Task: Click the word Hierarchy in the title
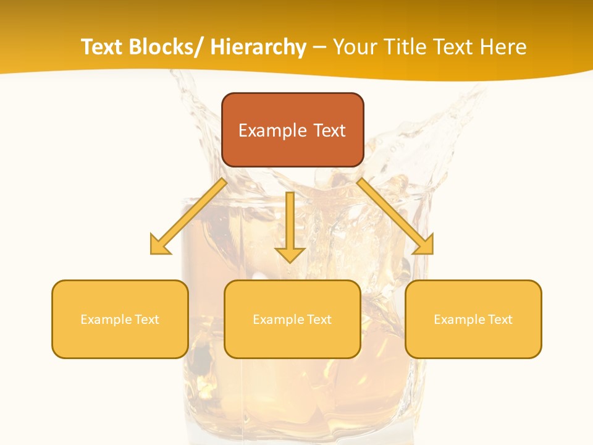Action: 258,47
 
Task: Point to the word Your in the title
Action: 353,47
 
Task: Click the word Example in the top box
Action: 272,130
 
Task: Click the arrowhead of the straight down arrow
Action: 290,253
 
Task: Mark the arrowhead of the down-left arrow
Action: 159,245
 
